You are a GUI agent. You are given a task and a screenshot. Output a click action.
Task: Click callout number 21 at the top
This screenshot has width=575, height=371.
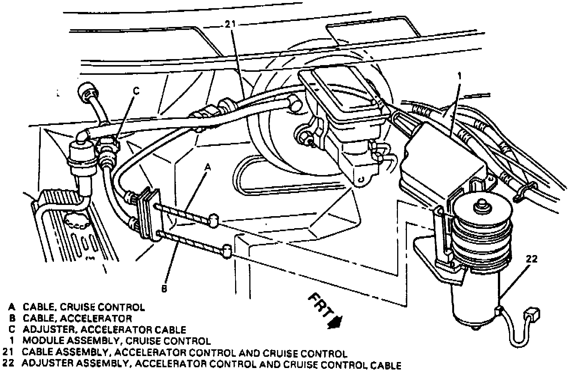coord(231,25)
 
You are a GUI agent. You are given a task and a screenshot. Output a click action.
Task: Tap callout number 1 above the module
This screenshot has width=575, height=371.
coord(460,77)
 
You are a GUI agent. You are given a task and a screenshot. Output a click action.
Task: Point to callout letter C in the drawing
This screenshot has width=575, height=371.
coord(137,91)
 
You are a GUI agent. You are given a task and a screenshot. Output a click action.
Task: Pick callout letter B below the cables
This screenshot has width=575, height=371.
coord(164,288)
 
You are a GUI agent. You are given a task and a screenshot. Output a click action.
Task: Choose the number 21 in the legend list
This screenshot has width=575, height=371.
coord(8,353)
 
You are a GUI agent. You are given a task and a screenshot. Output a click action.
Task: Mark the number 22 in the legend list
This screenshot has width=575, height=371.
coord(8,364)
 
